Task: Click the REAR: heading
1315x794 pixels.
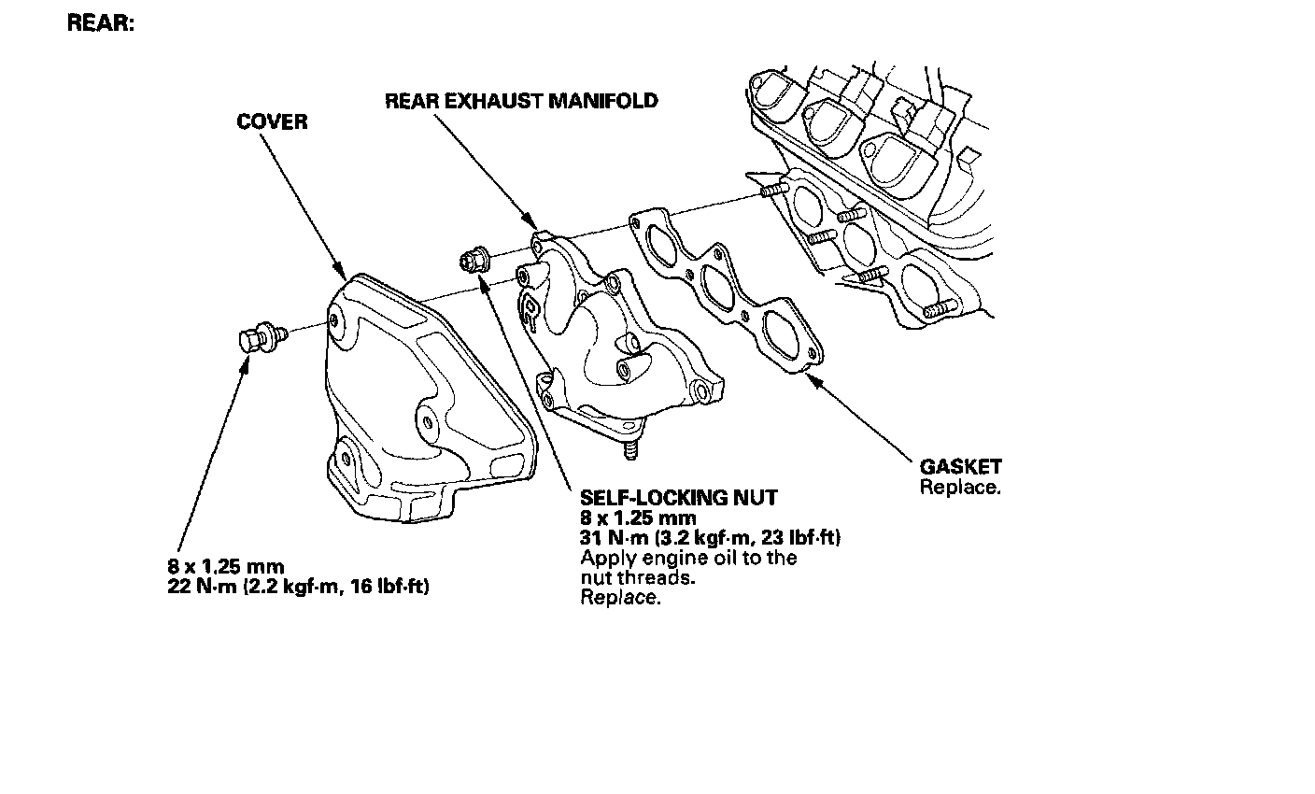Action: point(101,24)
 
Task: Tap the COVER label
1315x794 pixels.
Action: point(272,122)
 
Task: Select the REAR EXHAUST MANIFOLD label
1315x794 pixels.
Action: point(521,101)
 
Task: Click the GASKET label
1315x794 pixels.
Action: point(960,467)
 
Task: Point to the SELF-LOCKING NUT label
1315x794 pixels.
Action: point(678,498)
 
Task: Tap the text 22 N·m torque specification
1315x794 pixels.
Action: point(299,587)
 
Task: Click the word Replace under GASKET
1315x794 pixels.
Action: point(960,487)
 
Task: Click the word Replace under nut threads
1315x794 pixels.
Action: point(620,598)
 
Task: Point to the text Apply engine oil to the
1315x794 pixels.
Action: point(688,558)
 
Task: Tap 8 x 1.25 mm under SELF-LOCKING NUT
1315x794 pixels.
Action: point(638,518)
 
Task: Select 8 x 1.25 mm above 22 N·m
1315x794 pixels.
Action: point(226,567)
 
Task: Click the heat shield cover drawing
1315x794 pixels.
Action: point(420,402)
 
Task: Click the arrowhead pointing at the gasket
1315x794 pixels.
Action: point(812,379)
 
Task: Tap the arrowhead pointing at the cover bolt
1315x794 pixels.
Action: point(246,364)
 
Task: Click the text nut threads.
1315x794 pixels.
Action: point(638,577)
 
